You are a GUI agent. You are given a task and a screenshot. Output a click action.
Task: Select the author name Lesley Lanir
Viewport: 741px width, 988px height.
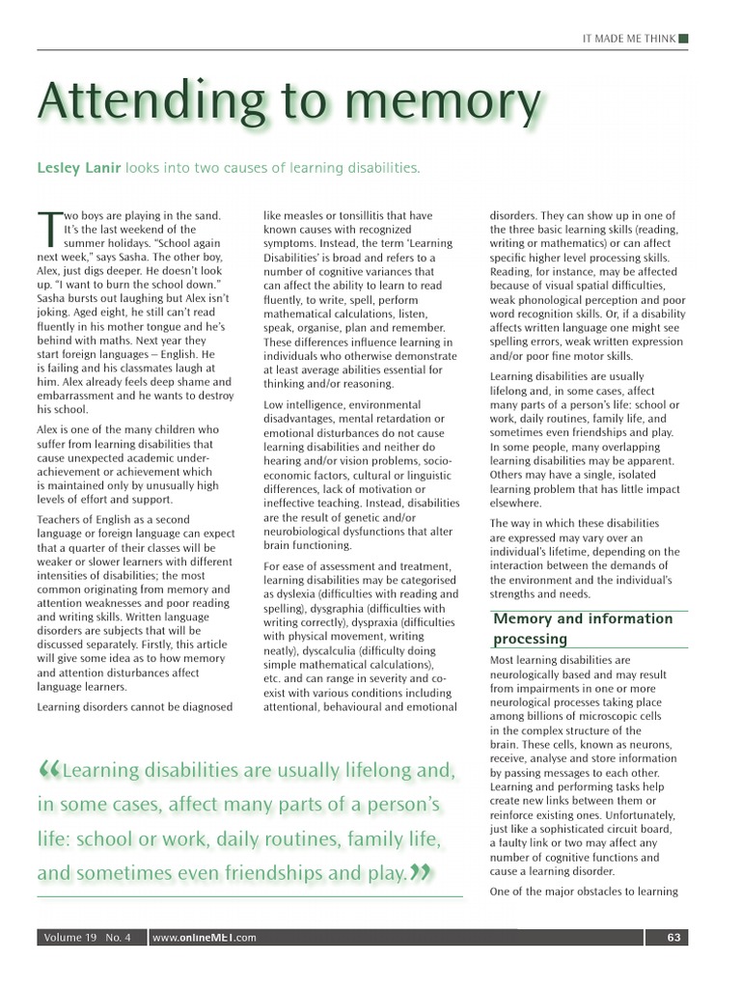click(x=79, y=169)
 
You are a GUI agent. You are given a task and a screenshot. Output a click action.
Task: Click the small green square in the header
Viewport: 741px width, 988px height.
click(x=683, y=38)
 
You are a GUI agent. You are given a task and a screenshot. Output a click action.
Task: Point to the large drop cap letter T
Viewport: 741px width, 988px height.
click(x=49, y=230)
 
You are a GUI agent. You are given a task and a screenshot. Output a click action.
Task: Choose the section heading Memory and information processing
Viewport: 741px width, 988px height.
click(x=582, y=628)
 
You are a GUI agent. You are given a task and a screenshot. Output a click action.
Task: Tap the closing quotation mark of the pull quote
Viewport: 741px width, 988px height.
click(x=420, y=874)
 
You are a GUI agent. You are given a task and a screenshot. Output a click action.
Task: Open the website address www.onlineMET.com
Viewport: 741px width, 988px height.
click(x=205, y=937)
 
